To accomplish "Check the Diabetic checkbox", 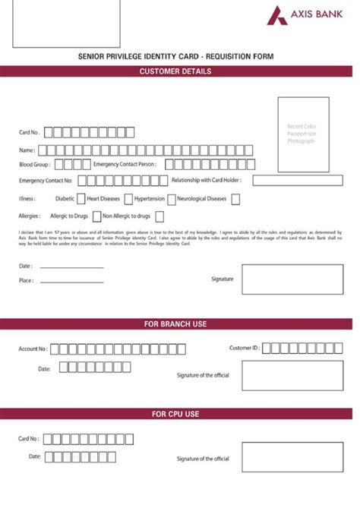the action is [x=81, y=199].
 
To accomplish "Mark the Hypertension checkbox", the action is [x=170, y=199].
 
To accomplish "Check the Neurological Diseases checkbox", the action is [x=235, y=199].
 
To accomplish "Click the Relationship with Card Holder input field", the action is [x=302, y=181].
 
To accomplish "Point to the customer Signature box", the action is [x=292, y=279].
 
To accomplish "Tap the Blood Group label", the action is [x=34, y=164].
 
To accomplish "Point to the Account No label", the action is [x=33, y=349].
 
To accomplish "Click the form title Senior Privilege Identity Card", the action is [x=175, y=57].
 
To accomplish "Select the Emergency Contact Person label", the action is [x=125, y=164].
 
